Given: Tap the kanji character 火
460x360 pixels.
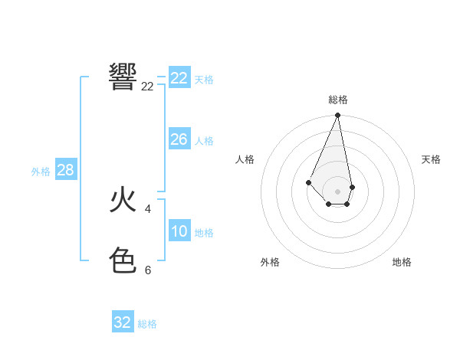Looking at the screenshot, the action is (x=123, y=200).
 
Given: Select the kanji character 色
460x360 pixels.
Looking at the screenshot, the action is (x=123, y=261).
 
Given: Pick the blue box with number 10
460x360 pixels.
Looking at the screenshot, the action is (x=179, y=231).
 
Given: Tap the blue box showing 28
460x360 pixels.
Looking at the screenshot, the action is (x=65, y=169).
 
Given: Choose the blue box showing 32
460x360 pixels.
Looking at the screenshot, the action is (x=123, y=322).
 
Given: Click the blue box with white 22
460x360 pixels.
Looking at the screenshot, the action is (x=179, y=77).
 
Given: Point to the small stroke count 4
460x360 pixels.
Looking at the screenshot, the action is (x=147, y=208).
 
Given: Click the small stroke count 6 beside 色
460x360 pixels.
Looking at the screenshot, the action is (x=147, y=270).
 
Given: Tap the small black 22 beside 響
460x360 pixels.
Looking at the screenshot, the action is (x=147, y=87).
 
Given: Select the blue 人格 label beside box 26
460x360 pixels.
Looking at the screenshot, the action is (x=204, y=141).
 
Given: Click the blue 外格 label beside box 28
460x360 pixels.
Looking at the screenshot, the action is (x=41, y=172).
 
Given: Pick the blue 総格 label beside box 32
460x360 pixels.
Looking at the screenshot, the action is (x=147, y=324).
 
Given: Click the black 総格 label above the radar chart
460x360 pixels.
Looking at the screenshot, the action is (x=338, y=100).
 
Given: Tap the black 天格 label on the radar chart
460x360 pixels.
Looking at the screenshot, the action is (x=431, y=159).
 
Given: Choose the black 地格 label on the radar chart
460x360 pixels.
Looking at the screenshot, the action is (x=402, y=262).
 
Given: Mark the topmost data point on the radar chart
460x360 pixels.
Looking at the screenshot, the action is (x=338, y=116).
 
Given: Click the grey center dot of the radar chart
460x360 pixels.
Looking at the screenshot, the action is (x=338, y=191).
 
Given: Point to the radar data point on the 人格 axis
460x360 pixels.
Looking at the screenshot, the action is (x=308, y=182).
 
